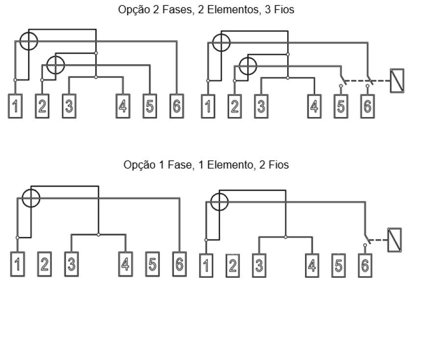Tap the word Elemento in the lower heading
point(230,165)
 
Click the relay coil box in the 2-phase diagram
point(397,81)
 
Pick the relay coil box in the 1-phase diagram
point(395,240)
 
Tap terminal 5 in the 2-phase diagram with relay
point(341,106)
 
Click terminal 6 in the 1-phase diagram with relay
point(365,265)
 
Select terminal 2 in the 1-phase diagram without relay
point(44,264)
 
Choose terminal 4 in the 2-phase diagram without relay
point(123,106)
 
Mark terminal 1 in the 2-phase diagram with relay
point(208,106)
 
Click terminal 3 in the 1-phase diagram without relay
point(72,264)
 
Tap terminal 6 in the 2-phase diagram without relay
point(177,106)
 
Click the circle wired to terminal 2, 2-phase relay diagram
point(248,66)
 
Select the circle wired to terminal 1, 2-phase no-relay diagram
point(28,41)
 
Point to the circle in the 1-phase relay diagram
point(219,202)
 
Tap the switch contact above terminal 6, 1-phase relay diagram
point(367,240)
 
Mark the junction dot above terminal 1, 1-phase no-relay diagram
point(17,238)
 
